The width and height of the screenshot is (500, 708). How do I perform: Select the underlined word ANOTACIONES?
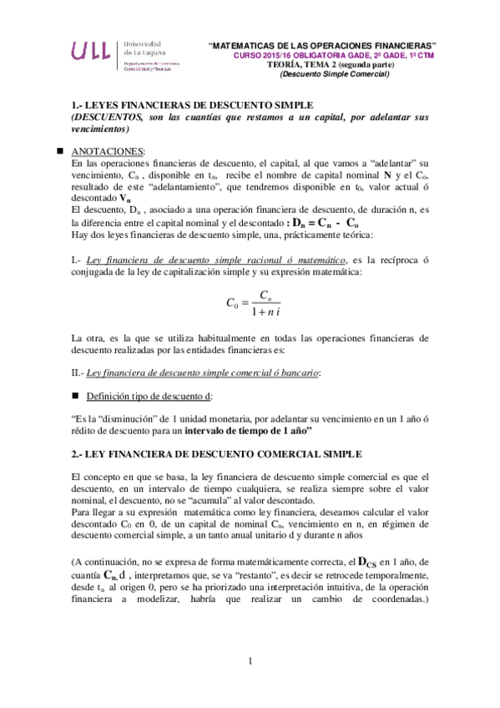click(108, 152)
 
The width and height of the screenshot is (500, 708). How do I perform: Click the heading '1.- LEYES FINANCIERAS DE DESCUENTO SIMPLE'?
click(192, 106)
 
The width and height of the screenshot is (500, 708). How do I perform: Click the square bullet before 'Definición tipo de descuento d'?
click(75, 393)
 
